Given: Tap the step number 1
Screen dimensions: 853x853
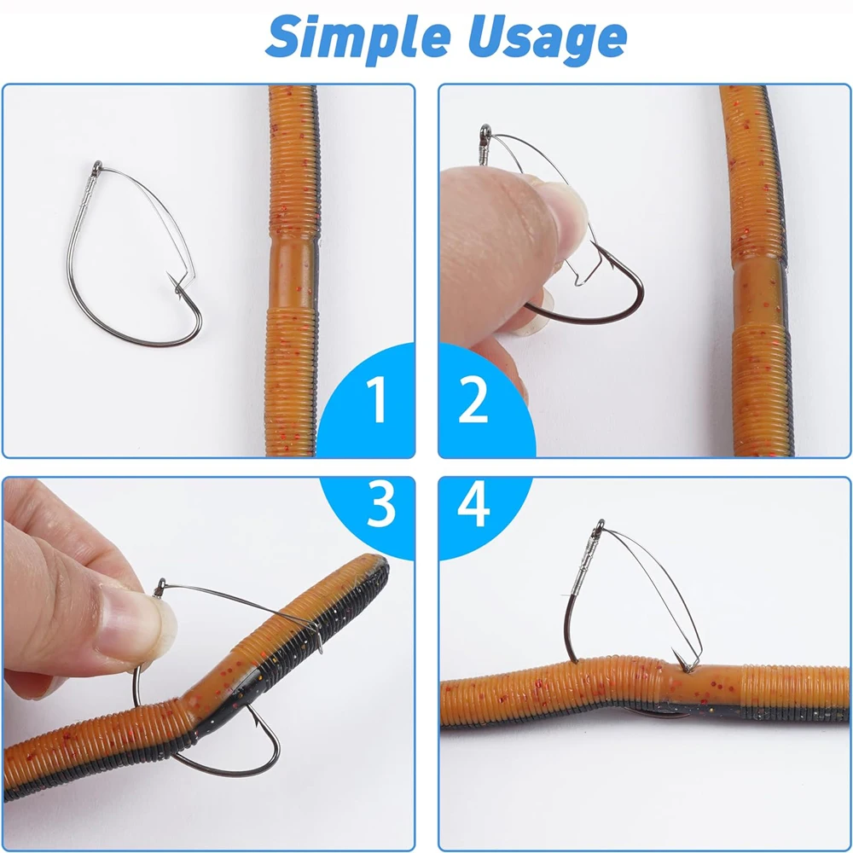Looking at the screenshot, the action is [376, 400].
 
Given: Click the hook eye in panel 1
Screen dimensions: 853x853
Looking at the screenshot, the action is [97, 166].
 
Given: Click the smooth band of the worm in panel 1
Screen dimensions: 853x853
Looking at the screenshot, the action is [293, 274].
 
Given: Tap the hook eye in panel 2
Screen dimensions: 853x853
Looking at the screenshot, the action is [485, 131].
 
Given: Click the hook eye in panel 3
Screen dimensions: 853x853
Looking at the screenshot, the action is [160, 588].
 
